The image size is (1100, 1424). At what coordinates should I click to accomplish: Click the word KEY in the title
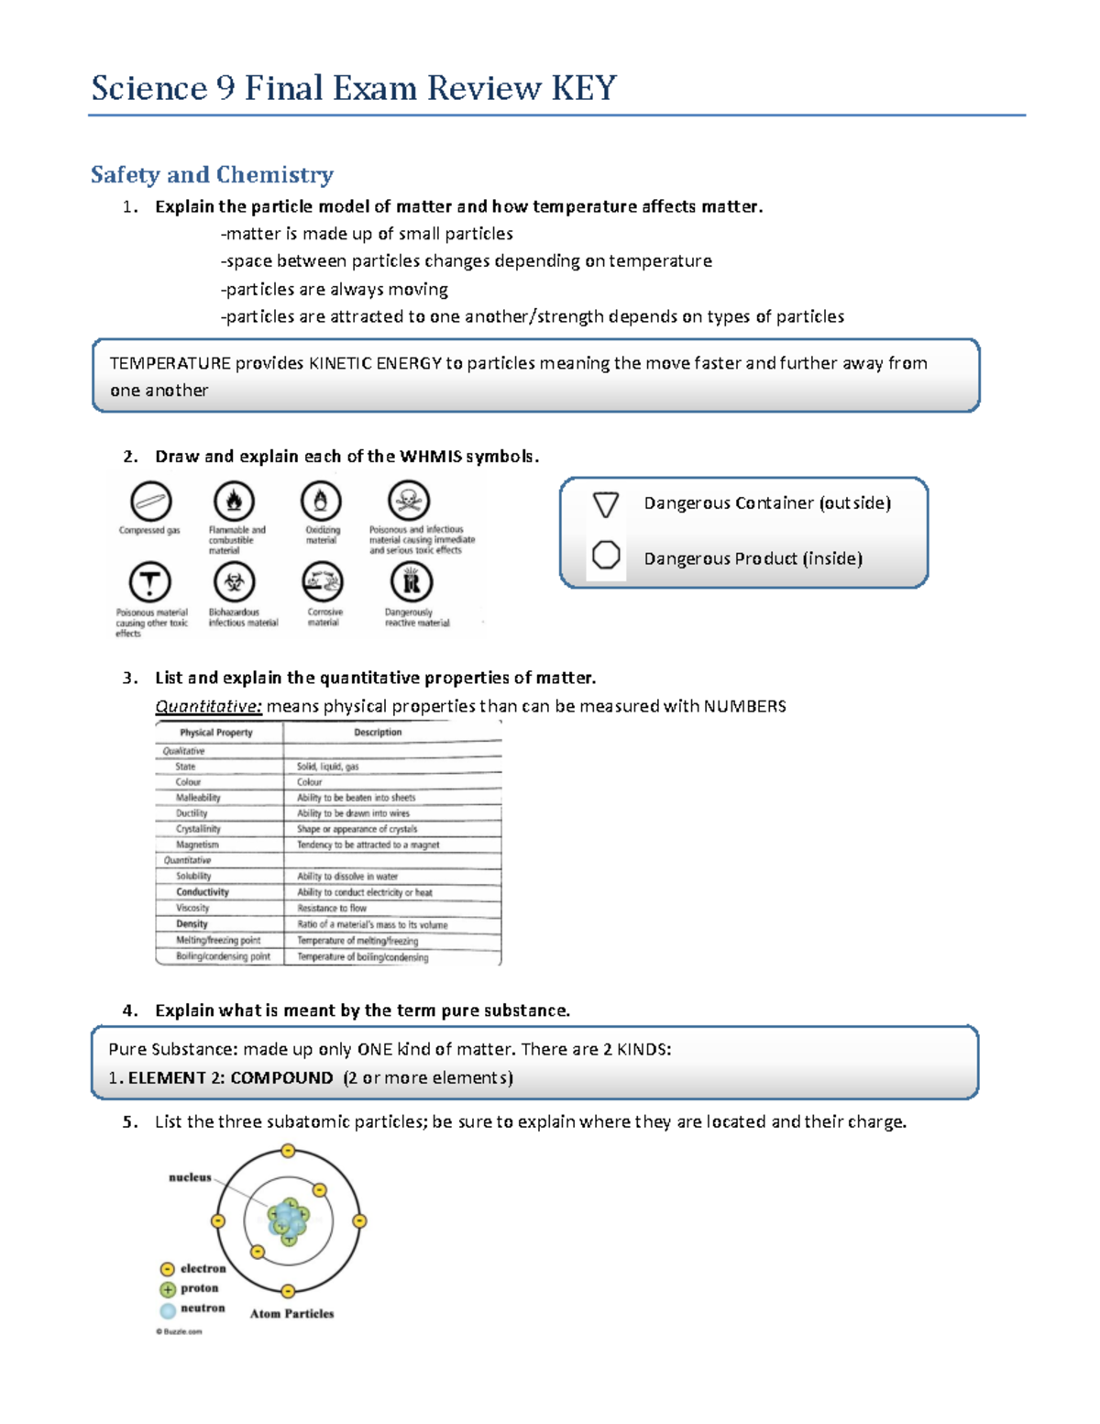[583, 89]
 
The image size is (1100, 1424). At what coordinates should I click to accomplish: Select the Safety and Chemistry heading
[212, 174]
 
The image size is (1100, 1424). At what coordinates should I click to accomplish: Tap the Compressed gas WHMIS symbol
[150, 502]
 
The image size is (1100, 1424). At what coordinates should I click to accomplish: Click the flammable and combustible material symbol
[234, 502]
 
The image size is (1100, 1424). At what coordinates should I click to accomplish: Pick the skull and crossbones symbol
[409, 501]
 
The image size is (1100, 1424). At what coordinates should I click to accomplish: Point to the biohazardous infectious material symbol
[234, 582]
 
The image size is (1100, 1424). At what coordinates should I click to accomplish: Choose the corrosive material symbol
[323, 582]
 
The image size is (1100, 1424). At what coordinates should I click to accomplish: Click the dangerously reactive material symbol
[411, 582]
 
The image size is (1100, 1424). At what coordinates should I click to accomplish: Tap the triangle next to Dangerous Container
[606, 504]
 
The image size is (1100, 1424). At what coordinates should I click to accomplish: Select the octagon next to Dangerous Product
[606, 556]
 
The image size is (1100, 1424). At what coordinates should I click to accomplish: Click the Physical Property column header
[216, 733]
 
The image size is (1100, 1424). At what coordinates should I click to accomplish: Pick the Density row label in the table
[192, 924]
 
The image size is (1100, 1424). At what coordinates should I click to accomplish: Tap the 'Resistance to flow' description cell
[332, 909]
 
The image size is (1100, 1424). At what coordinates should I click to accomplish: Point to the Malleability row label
[198, 798]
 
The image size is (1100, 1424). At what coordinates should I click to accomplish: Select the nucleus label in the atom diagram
[190, 1177]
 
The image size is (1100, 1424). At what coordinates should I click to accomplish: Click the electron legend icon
[167, 1269]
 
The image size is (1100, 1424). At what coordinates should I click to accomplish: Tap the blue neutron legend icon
[167, 1310]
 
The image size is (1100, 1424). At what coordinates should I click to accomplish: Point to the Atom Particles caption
[291, 1314]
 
